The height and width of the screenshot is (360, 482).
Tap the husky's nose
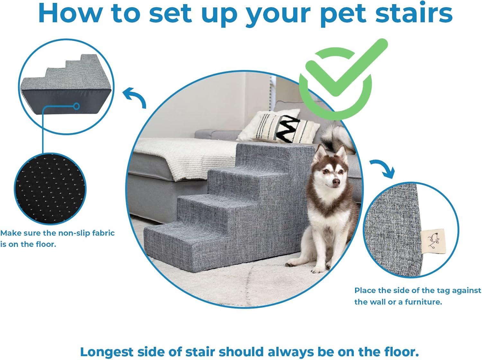point(336,182)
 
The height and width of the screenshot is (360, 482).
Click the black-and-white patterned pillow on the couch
point(280,127)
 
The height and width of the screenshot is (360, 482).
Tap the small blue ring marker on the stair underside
point(76,106)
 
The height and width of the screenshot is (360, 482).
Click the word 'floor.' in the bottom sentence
point(402,352)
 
